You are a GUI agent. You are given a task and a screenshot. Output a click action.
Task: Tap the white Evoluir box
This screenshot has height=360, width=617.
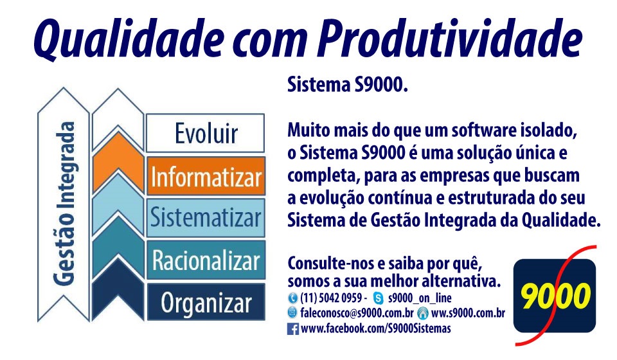point(206,133)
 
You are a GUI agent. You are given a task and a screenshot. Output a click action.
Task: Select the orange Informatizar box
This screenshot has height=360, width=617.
point(206,176)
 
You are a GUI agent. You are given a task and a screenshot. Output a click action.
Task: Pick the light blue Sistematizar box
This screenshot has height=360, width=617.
point(206,217)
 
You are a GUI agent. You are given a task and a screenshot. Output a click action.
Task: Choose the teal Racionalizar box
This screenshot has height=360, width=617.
point(206,260)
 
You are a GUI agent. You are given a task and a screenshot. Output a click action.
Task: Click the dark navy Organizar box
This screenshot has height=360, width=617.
point(206,302)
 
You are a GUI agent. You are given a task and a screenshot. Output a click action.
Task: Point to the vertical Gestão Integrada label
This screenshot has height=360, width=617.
point(64,203)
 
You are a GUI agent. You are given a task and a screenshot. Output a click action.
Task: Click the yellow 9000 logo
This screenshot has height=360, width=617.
point(555,295)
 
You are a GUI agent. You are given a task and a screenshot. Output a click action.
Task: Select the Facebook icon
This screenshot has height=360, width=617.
point(293,329)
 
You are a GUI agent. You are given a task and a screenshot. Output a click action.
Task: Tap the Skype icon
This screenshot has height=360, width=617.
point(378,298)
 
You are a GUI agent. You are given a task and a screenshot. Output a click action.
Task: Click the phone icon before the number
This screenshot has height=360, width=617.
point(292,298)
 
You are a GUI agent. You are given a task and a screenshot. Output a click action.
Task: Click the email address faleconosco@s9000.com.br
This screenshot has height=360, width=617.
point(357,313)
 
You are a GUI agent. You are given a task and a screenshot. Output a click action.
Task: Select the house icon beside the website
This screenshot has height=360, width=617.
point(423,313)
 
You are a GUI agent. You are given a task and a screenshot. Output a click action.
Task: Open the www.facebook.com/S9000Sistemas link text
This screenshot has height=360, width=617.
point(376,328)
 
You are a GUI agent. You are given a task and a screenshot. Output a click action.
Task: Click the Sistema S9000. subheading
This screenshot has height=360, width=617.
point(347,85)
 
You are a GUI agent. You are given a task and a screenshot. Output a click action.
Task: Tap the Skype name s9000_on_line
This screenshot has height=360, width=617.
point(420,298)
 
